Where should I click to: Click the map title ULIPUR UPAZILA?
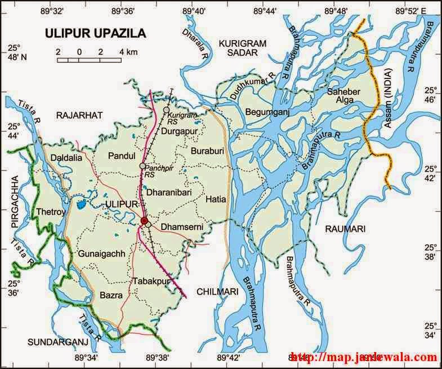95,33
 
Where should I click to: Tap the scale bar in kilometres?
89,59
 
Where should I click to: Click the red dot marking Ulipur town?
145,221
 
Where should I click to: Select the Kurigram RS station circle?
166,109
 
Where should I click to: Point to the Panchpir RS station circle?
142,166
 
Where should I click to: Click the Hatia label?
215,198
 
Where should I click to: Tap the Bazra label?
110,295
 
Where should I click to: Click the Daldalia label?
66,159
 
